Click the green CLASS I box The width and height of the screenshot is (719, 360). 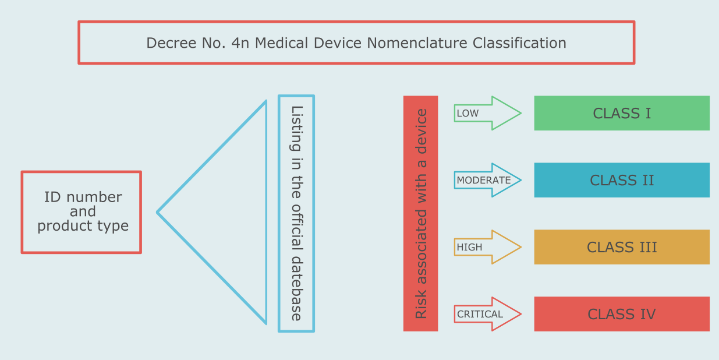[622, 113]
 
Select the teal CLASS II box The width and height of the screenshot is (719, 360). [622, 180]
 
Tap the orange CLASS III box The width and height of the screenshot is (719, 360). [622, 247]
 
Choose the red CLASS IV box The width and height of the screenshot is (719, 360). [622, 314]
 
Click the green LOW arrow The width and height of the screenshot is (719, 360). [487, 113]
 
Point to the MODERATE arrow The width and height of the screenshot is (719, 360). [487, 180]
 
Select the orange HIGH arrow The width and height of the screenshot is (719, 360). [487, 247]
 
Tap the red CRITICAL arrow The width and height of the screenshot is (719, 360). [487, 314]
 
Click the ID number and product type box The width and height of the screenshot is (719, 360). [82, 212]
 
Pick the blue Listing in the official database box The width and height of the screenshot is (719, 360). [296, 213]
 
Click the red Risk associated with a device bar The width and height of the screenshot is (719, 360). [420, 213]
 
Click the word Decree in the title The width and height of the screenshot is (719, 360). [167, 43]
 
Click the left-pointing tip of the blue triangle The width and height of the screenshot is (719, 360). [159, 212]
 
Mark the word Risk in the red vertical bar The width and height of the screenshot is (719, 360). [420, 305]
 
